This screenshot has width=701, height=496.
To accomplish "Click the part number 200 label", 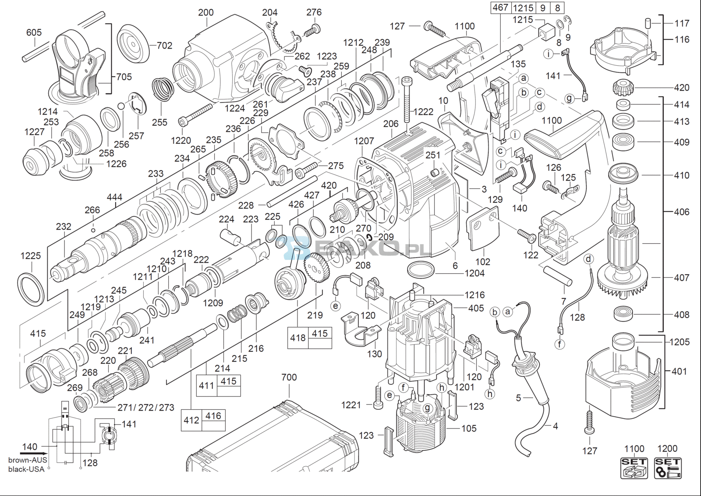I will pos(205,12).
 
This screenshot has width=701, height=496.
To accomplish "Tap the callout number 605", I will pos(34,32).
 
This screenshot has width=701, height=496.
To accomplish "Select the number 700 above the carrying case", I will pos(289,377).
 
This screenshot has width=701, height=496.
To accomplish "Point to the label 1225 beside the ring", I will pos(31,255).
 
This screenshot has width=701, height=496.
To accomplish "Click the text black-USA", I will pos(26,469).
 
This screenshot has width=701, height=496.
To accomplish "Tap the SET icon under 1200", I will pos(667,468).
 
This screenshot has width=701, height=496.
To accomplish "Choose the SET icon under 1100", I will pos(634,468).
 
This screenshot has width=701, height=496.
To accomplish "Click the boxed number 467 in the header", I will pos(500,7).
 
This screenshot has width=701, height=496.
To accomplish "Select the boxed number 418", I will pos(298,337).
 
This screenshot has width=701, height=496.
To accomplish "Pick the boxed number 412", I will pos(191,420).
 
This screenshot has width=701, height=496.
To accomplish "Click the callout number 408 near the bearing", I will pos(681,314).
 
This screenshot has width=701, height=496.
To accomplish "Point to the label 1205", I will pos(680,342).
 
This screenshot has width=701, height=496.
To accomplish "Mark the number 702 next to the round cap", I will pos(164,45).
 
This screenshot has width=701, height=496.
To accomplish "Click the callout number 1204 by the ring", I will pos(474,273).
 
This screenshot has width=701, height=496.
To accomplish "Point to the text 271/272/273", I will pos(146,407).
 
